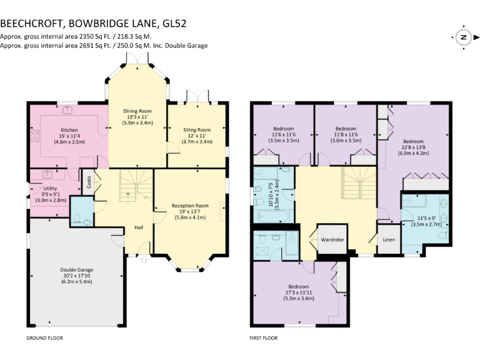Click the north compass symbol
(x=463, y=37)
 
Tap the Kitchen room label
(x=69, y=130)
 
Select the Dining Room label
(x=137, y=110)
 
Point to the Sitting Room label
(x=197, y=129)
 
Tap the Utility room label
(x=51, y=188)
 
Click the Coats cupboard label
(x=89, y=181)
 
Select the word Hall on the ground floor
(x=139, y=227)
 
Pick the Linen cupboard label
(x=388, y=239)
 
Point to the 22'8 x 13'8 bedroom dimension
(x=412, y=147)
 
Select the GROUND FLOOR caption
(x=44, y=338)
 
